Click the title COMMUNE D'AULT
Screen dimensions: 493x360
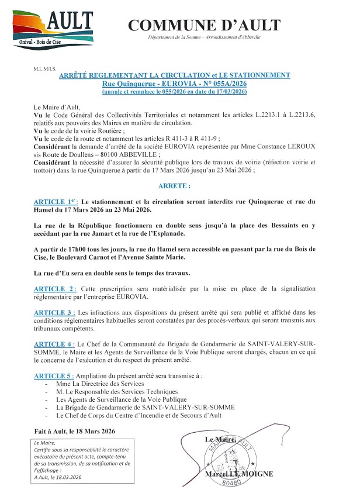(204, 25)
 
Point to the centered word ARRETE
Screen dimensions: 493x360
(174, 185)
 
